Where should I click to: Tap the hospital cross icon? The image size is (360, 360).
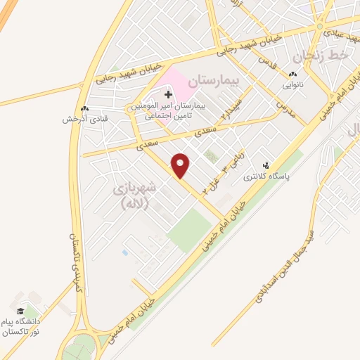pos(167,94)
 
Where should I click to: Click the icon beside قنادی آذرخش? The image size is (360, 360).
pos(85,109)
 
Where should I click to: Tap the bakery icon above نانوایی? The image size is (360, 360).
pos(292,74)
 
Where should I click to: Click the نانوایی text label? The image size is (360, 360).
pos(293,84)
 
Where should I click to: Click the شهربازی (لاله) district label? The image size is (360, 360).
pos(134,197)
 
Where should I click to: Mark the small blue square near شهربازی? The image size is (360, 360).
pos(124,252)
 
